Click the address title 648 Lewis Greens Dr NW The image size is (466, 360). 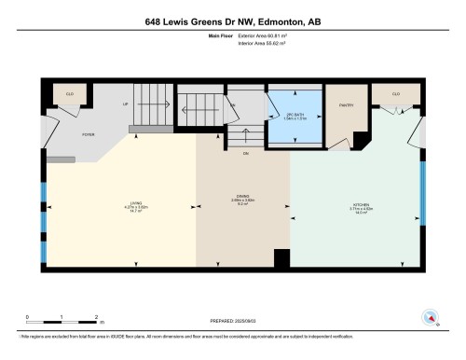[x=232, y=20]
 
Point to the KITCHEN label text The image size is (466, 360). [x=354, y=206]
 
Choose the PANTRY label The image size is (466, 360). [x=344, y=106]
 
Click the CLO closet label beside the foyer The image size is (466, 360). [x=68, y=94]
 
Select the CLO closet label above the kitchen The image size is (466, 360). [x=395, y=94]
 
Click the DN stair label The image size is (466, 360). [x=246, y=152]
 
